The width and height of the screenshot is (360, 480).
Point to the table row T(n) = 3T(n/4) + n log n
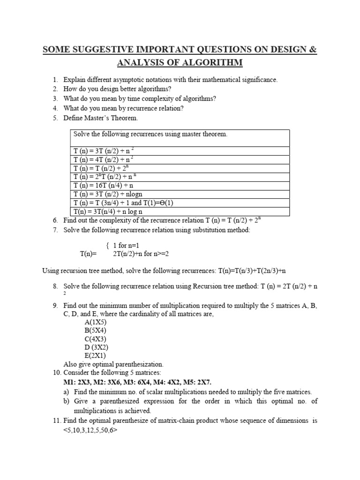tap(110, 211)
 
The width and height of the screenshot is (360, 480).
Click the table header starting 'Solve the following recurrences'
tap(150, 134)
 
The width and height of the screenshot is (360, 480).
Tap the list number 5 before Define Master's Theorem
tap(55, 118)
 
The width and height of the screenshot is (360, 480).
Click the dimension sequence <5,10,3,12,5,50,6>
tap(90, 429)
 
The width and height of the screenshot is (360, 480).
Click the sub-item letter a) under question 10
tap(66, 392)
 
